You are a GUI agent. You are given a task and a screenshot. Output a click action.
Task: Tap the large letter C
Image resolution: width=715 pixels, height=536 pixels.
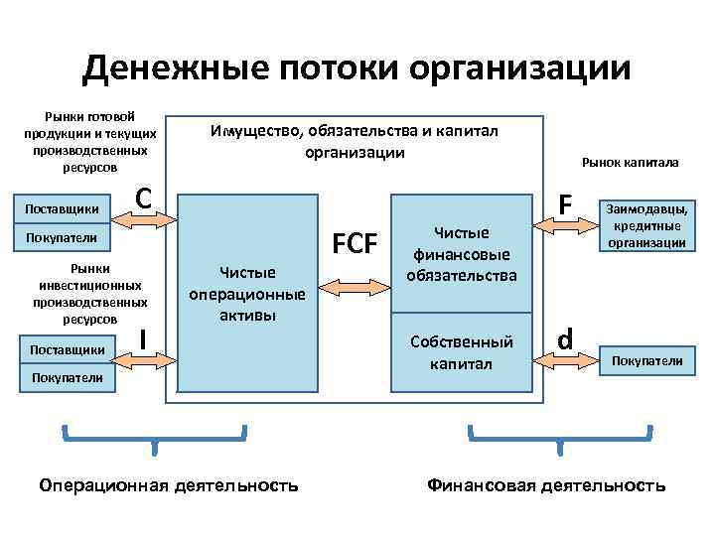pyautogui.click(x=143, y=199)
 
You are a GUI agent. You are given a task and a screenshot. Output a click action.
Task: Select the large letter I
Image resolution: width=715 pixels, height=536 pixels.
pyautogui.click(x=144, y=339)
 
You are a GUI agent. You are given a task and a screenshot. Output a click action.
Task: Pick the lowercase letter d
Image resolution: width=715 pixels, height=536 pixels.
pyautogui.click(x=565, y=339)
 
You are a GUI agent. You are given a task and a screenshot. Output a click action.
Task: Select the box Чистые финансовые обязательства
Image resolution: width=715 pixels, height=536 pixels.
pyautogui.click(x=462, y=253)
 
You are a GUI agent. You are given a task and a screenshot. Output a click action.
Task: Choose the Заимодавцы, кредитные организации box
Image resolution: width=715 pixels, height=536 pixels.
pyautogui.click(x=646, y=225)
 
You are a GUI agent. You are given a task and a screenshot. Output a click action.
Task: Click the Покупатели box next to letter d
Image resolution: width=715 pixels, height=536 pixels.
pyautogui.click(x=646, y=360)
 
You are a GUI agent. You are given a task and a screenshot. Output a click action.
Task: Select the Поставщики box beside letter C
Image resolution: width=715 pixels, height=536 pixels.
pyautogui.click(x=65, y=208)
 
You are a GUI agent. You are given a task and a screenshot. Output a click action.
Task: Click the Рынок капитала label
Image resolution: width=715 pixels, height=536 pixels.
pyautogui.click(x=630, y=161)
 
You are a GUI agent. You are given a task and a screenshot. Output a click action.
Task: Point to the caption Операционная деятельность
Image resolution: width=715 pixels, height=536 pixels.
pyautogui.click(x=168, y=485)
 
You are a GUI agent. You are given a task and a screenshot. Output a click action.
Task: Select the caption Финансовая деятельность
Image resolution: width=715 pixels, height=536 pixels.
pyautogui.click(x=546, y=485)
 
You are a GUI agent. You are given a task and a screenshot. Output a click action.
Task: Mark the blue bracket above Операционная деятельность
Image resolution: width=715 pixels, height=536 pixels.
pyautogui.click(x=154, y=435)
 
